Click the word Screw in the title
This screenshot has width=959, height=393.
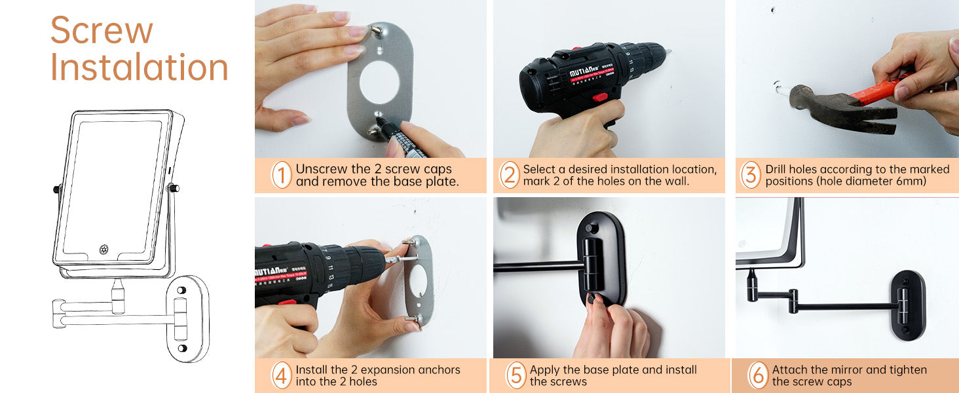coord(102,30)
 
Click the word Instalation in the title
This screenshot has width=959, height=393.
coord(139,67)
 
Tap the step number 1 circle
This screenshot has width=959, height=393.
coord(282,175)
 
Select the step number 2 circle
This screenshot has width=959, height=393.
coord(510,175)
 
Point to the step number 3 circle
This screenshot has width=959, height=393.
coord(751,175)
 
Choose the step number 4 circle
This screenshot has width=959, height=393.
coord(282,375)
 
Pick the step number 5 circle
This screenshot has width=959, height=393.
coord(516,375)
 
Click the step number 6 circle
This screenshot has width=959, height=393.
coord(758,375)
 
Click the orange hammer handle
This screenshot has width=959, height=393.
coord(882,89)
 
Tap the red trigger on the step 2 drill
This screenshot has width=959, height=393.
coord(600,97)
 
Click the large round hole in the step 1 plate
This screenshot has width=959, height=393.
coord(379,82)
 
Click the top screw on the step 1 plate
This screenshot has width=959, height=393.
coord(376,30)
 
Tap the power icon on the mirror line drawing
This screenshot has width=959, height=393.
coord(103,249)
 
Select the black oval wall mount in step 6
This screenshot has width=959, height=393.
coord(908,305)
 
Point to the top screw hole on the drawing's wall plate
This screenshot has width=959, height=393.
coord(181,290)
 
